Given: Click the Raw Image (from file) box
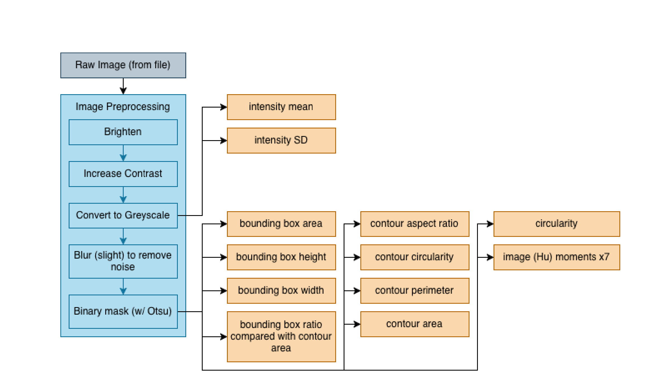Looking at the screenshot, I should (x=123, y=65).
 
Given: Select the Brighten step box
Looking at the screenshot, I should (x=123, y=132).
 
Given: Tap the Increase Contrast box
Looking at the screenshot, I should (x=123, y=174).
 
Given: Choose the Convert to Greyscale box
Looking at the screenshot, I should (x=123, y=215).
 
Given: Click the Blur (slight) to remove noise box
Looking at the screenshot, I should (x=123, y=261).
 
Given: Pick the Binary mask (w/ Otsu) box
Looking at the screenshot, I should (x=123, y=311).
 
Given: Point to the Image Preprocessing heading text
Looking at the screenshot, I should (x=123, y=107).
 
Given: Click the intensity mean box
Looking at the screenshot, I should (x=281, y=107).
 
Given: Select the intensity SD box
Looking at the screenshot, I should (x=281, y=140).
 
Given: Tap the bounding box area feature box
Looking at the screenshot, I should (x=281, y=224).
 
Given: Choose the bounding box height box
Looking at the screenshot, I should (x=281, y=257).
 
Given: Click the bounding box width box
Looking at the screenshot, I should (x=281, y=291).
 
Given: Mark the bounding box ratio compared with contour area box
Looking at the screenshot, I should (x=281, y=337).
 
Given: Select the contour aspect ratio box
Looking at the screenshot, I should (x=415, y=224).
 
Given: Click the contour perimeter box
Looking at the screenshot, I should (x=415, y=291).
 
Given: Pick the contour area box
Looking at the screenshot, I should (x=415, y=324).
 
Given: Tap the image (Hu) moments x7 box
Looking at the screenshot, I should (x=557, y=257).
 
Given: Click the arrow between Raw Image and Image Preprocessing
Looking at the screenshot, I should (x=123, y=86).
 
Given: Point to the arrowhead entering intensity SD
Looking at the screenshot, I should (x=224, y=140).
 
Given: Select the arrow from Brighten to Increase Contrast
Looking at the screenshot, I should (x=123, y=153).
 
